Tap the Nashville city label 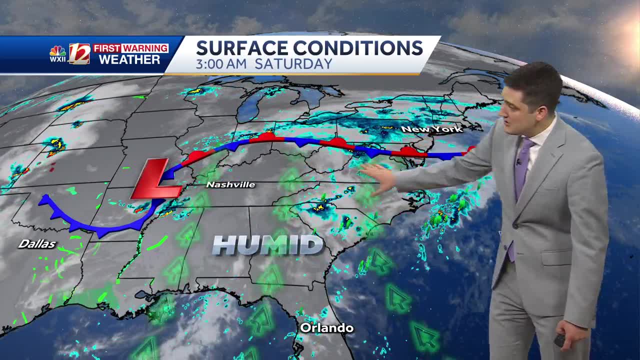[230, 185]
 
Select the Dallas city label [37, 244]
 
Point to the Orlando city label [326, 328]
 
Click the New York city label [431, 129]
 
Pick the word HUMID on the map [267, 245]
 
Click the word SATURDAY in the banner [293, 64]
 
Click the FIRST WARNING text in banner [130, 48]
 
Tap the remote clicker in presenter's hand [559, 340]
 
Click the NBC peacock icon [58, 50]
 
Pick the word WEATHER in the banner [129, 60]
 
